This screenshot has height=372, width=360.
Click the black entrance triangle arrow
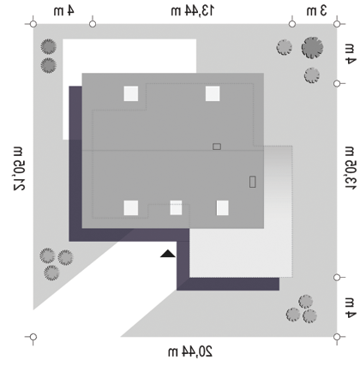[168, 254]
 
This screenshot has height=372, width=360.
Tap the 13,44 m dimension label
[192, 11]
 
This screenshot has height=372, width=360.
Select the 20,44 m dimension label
[190, 351]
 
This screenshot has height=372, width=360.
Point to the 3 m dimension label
[316, 11]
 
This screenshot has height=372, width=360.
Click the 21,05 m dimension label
[20, 169]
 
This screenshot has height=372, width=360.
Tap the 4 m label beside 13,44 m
[64, 11]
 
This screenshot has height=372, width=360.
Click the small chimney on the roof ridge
[217, 147]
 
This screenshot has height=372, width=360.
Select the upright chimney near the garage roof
[252, 182]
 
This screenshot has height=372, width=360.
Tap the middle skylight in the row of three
[176, 207]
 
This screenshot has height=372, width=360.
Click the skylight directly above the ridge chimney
[213, 93]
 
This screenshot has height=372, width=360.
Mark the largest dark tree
[312, 48]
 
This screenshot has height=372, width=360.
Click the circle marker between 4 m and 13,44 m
[93, 24]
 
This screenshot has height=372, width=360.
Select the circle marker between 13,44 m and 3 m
[292, 24]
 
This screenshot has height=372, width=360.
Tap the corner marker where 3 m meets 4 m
[337, 24]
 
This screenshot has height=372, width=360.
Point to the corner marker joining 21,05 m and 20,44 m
[33, 337]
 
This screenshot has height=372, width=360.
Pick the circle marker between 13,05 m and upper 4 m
[337, 83]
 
